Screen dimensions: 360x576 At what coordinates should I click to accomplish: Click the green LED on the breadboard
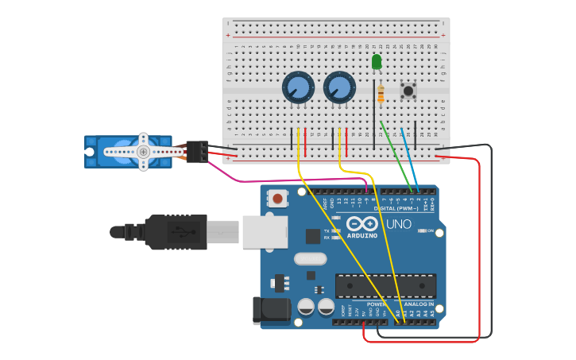[x=377, y=61]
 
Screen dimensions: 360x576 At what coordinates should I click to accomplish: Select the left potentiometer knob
[x=298, y=87]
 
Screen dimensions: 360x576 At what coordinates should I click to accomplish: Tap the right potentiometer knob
[x=339, y=87]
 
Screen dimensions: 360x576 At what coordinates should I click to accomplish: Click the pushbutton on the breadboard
[x=409, y=91]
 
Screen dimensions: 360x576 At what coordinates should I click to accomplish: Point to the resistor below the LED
[x=381, y=94]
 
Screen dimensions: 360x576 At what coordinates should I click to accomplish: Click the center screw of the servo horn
[x=143, y=151]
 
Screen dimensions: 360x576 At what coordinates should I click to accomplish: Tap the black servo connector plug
[x=195, y=151]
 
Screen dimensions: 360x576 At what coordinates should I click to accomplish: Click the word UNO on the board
[x=399, y=224]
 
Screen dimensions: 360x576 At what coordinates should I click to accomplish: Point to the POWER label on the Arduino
[x=376, y=304]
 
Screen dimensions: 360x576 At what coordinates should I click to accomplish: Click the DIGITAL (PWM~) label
[x=394, y=209]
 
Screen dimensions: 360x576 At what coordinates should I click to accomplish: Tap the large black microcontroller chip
[x=385, y=285]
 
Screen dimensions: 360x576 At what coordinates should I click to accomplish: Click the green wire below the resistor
[x=396, y=155]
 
